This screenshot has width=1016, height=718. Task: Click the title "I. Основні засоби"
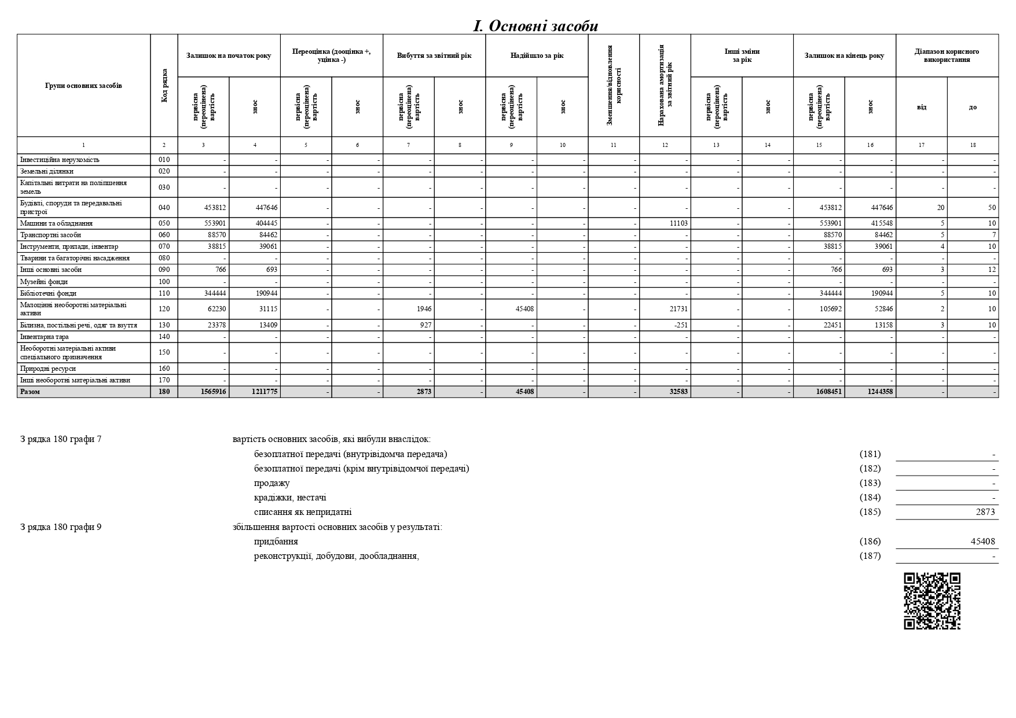pos(535,26)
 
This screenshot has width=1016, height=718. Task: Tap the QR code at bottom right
pos(931,601)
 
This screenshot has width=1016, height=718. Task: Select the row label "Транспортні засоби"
pos(50,235)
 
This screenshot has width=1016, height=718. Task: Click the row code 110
pos(164,293)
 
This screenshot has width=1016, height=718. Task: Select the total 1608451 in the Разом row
pos(828,392)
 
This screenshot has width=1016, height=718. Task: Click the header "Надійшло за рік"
pos(537,56)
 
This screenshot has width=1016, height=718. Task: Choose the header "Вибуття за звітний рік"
pos(434,56)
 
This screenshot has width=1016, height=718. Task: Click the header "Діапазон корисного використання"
pos(947,56)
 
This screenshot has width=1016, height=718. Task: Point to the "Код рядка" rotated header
pos(164,86)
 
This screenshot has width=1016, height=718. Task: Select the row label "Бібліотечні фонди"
pos(48,293)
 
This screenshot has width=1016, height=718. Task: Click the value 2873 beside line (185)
pos(985,512)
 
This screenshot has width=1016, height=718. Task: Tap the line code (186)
pos(870,542)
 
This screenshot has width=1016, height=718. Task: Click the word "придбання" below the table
pos(276,542)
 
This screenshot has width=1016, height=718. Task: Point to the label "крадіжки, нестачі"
pos(290,498)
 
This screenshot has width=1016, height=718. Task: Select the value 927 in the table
pos(424,325)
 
